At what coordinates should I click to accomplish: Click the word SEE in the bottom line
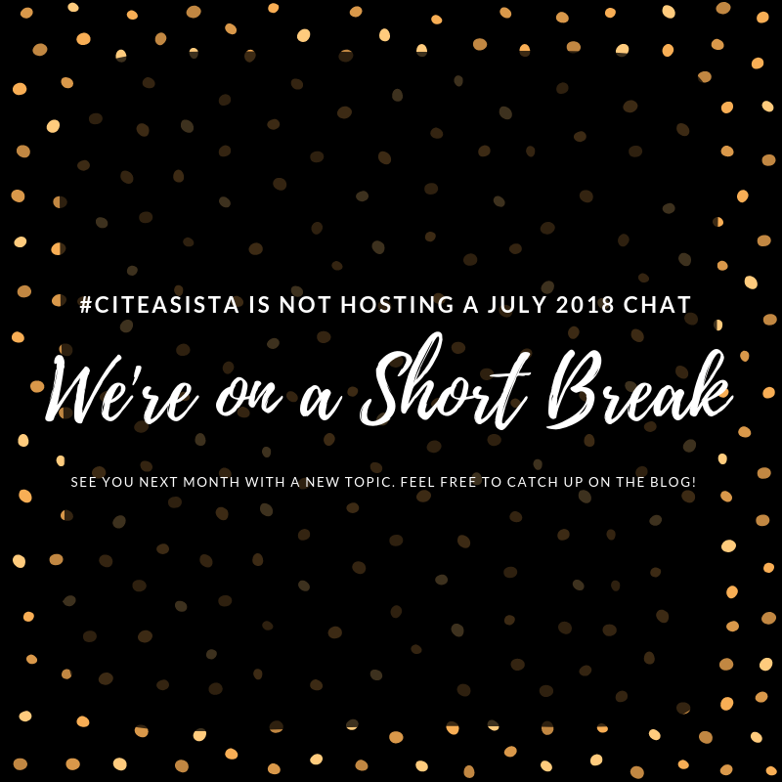point(84,483)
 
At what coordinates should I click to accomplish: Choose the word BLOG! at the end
point(673,483)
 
